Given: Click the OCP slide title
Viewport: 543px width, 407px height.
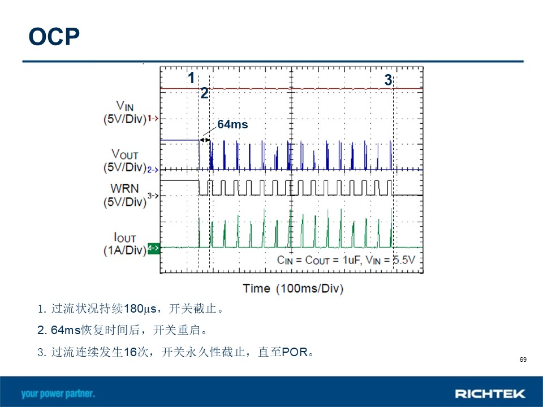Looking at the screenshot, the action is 54,37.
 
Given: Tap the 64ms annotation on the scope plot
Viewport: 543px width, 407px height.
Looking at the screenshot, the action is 232,124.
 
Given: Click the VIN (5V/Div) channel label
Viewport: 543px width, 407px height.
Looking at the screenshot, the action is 124,112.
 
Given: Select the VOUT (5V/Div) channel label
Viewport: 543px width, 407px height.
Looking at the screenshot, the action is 124,161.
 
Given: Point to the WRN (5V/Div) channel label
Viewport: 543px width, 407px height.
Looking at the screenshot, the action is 124,195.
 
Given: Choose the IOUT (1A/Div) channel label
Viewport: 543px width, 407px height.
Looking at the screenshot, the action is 124,243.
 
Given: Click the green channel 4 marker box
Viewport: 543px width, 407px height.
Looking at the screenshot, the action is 154,248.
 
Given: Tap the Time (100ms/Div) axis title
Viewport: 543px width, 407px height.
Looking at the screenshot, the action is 293,288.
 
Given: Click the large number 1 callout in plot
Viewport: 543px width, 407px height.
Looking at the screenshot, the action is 191,78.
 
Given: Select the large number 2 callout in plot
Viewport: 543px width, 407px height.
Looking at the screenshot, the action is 204,93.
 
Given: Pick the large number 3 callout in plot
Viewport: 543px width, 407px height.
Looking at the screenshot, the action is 388,80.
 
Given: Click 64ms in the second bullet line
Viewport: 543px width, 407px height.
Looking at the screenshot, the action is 66,330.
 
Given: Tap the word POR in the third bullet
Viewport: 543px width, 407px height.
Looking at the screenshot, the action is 295,352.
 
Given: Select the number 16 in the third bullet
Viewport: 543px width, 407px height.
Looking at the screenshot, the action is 130,352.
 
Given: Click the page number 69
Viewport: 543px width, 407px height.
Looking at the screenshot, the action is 523,360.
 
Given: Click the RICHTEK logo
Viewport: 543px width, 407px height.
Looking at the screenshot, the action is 490,393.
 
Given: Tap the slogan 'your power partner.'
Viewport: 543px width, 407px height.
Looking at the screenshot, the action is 58,394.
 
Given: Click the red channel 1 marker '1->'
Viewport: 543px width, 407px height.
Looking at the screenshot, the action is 153,118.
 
